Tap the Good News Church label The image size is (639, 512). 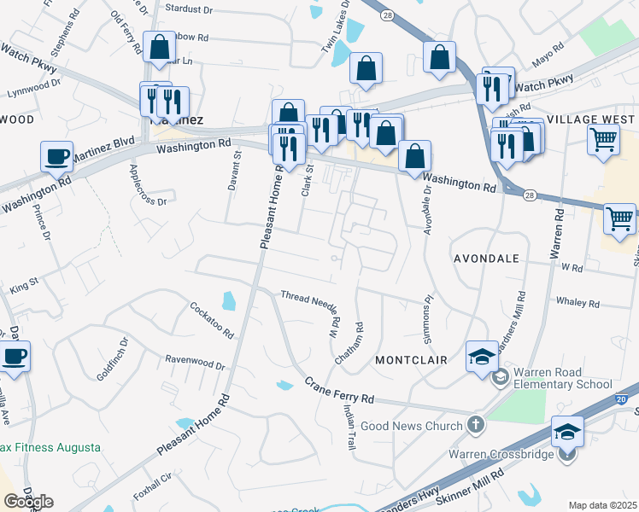click(x=411, y=425)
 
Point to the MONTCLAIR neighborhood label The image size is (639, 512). click(x=411, y=361)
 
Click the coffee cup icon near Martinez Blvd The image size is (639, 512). click(x=57, y=156)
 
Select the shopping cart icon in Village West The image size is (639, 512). click(x=603, y=138)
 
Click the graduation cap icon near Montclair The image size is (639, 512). click(x=482, y=356)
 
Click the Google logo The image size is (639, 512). click(x=28, y=502)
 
